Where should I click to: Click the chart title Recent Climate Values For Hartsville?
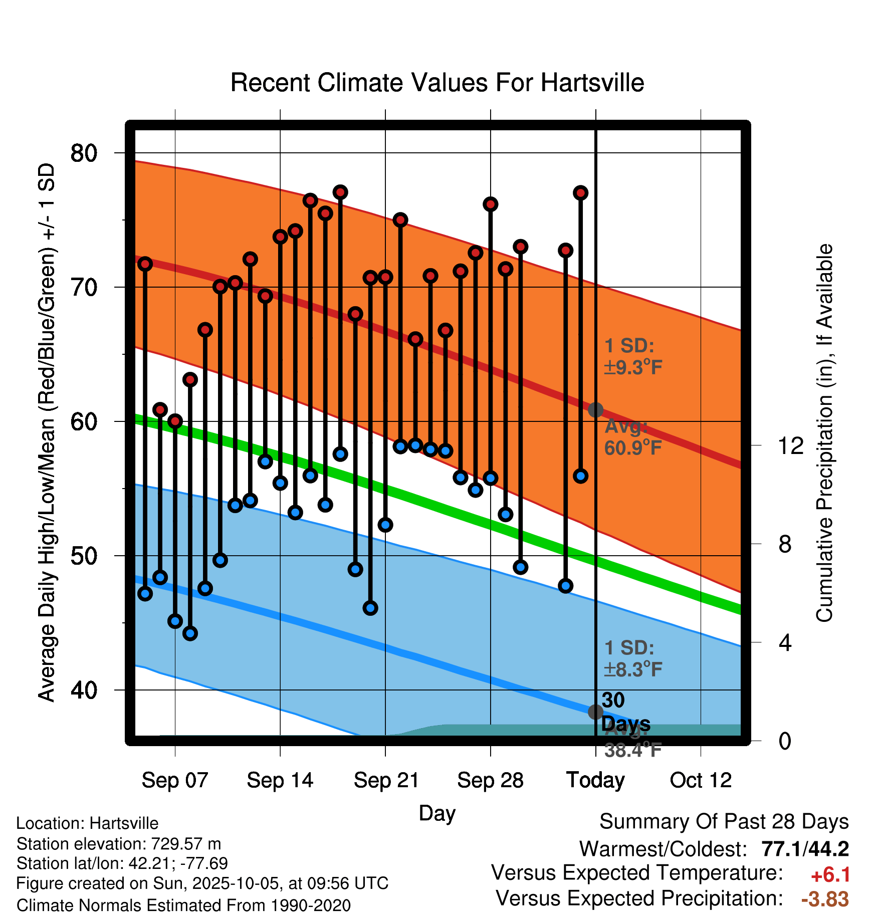pos(437,83)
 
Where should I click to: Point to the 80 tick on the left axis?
pos(84,153)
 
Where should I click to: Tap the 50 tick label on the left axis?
pos(84,556)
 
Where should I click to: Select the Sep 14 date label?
pos(280,780)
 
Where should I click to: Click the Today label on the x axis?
pos(595,780)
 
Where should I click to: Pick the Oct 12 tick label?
pos(701,780)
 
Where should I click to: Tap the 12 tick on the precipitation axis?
pos(791,445)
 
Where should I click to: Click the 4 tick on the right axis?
pos(785,642)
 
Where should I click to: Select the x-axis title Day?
pos(437,813)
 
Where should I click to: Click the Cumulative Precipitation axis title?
pos(824,433)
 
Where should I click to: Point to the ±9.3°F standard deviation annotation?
pos(633,367)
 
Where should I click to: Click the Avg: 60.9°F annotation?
pos(632,437)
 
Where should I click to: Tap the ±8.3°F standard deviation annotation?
pos(633,669)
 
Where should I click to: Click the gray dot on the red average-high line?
pos(595,410)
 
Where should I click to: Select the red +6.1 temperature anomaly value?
pos(830,875)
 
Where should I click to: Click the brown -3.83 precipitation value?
pos(825,899)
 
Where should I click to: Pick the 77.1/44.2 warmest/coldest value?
pos(805,849)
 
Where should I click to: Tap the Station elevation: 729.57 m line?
pos(119,844)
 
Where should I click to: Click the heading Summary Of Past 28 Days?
pos(724,822)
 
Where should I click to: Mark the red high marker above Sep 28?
pos(490,204)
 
